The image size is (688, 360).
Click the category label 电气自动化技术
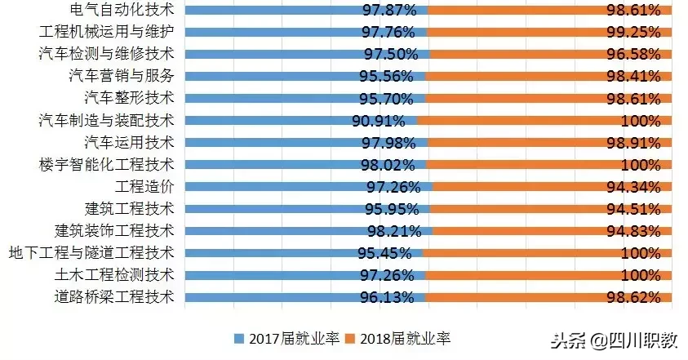pyautogui.click(x=113, y=11)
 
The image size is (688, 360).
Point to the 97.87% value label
pyautogui.click(x=390, y=11)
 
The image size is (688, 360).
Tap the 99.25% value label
pyautogui.click(x=633, y=33)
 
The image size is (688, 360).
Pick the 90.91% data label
pyautogui.click(x=378, y=121)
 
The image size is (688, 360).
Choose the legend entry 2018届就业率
pyautogui.click(x=398, y=338)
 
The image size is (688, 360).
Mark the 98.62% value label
pyautogui.click(x=633, y=297)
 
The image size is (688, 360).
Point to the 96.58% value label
pyautogui.click(x=633, y=55)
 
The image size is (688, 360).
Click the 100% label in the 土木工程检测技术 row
pyautogui.click(x=641, y=275)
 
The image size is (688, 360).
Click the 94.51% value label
pyautogui.click(x=633, y=209)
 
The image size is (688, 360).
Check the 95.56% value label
pyautogui.click(x=388, y=77)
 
